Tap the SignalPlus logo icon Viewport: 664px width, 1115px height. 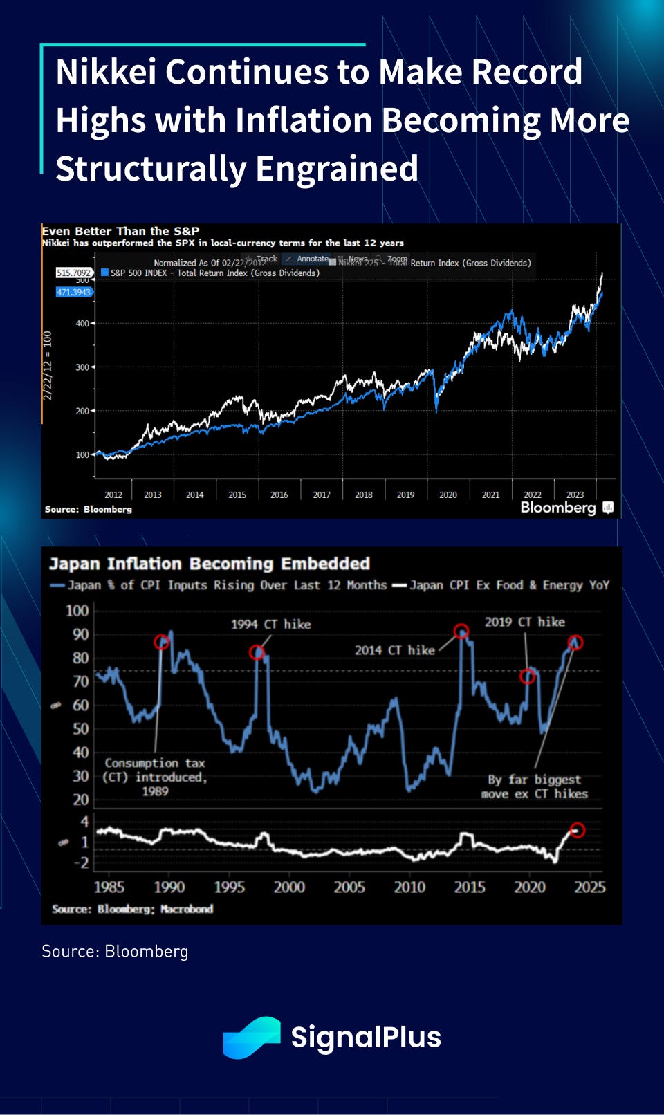(251, 1037)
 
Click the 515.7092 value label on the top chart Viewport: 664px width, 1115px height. (74, 273)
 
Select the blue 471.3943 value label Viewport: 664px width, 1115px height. (74, 292)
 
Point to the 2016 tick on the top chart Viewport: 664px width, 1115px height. (279, 495)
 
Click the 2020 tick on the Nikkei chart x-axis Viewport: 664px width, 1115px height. (448, 495)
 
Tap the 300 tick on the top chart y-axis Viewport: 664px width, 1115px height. (82, 367)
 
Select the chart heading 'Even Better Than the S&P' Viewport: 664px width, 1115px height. (120, 231)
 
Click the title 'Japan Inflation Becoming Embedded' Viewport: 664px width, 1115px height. (209, 564)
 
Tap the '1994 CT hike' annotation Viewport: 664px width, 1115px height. (270, 624)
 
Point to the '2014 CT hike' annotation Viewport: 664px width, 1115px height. (394, 650)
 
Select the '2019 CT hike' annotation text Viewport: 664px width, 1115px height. (524, 622)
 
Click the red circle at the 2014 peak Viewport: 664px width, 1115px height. (461, 631)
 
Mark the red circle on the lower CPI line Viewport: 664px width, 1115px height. (577, 829)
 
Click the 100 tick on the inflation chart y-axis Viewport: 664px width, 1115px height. (77, 611)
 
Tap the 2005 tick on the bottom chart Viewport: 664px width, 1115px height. (349, 887)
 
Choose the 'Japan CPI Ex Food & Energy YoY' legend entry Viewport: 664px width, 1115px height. (508, 585)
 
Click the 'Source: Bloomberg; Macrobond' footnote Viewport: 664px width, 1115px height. (132, 909)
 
